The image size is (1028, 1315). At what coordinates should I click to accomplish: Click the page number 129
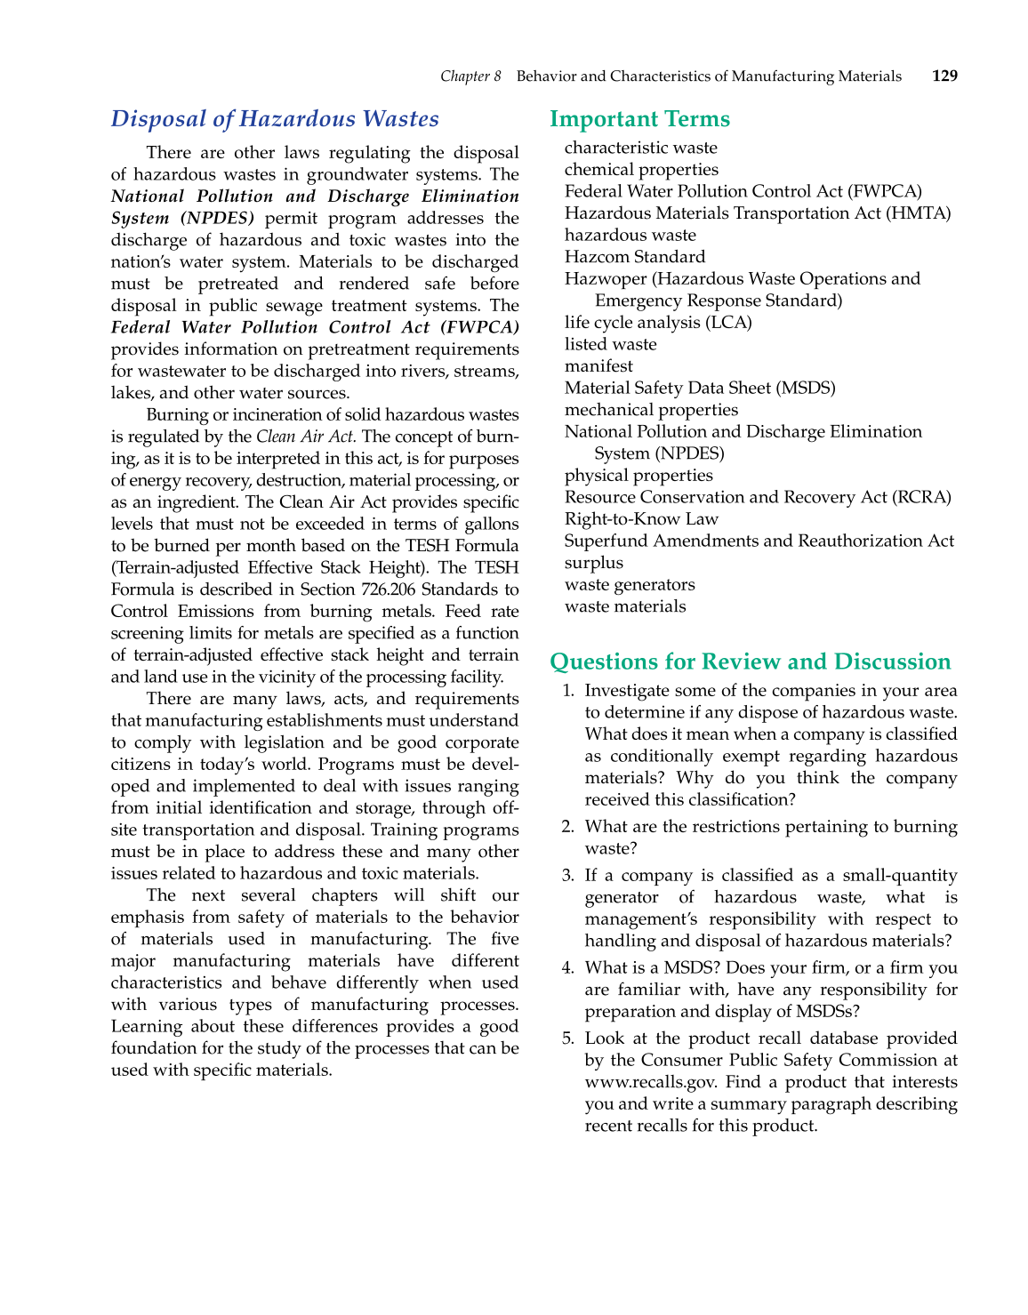944,76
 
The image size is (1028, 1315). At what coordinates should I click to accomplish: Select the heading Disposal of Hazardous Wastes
275,119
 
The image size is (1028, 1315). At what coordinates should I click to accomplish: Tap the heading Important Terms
639,119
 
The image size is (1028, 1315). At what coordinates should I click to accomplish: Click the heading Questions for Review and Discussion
750,662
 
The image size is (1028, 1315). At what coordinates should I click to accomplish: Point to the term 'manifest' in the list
598,366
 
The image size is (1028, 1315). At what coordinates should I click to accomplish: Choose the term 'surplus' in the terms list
593,563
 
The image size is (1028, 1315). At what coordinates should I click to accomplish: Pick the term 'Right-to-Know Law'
641,519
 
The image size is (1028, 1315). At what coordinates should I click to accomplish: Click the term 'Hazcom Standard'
634,257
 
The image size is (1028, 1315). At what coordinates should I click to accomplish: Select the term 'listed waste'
610,344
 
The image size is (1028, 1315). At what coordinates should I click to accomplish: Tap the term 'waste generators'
630,585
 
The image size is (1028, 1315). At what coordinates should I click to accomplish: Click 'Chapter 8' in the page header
470,76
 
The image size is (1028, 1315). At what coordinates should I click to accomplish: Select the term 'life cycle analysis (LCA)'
658,323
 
